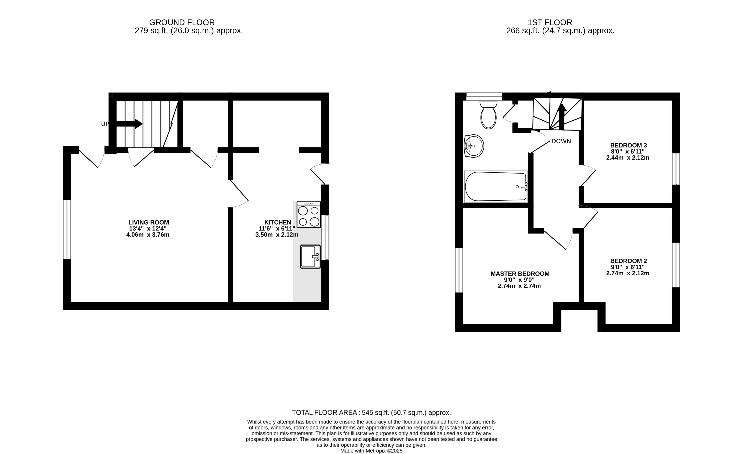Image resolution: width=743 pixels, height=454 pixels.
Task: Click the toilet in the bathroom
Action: (488, 115)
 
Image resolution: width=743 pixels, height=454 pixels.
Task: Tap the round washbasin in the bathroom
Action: (474, 146)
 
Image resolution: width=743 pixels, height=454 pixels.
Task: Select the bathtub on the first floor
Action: (496, 186)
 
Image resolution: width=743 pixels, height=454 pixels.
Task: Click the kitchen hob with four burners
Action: (308, 214)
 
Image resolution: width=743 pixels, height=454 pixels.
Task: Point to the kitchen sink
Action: (310, 257)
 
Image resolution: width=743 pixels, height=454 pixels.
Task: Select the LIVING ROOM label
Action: (149, 222)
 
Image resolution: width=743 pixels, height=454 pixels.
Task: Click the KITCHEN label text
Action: (278, 222)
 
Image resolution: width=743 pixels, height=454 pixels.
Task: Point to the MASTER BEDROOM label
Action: (520, 273)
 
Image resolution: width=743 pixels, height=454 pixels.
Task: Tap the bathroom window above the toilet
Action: (484, 96)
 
